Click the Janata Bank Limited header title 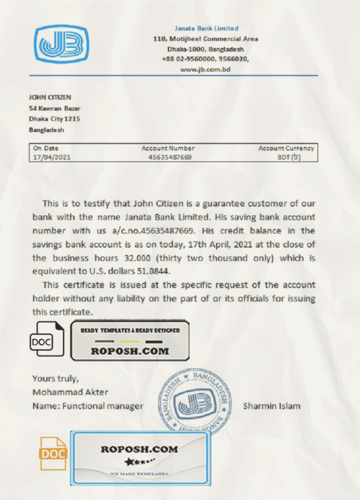(x=206, y=28)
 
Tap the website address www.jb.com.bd (x=206, y=70)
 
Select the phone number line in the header (x=206, y=59)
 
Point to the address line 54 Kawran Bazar (x=55, y=109)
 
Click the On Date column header (x=46, y=148)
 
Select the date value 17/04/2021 (x=50, y=157)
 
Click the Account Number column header (x=168, y=148)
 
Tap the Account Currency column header (x=286, y=148)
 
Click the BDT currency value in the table (x=289, y=157)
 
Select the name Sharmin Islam (x=272, y=406)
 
